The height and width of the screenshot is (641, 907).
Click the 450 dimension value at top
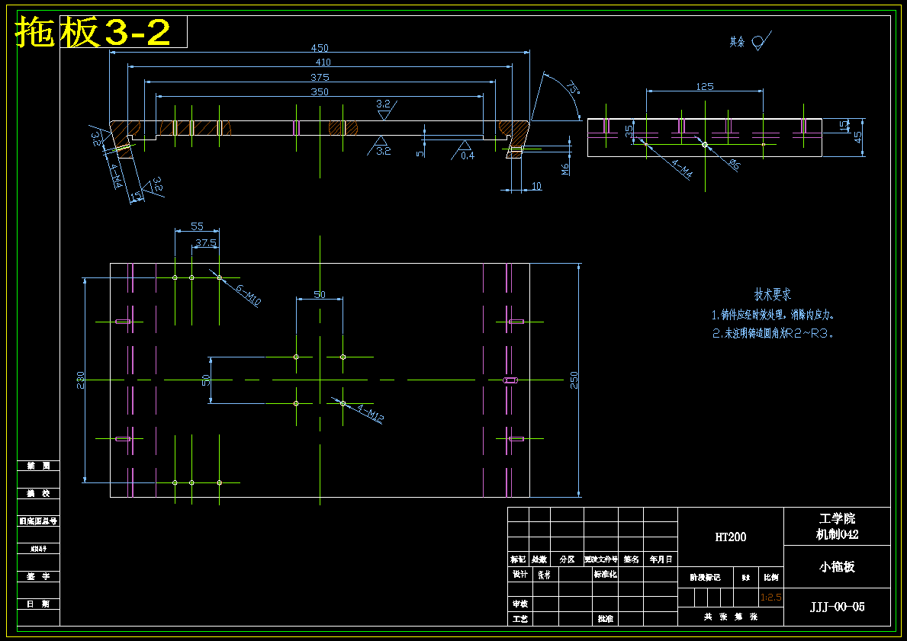click(319, 48)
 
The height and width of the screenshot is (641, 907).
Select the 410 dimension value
click(323, 62)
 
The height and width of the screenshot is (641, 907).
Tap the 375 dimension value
click(320, 77)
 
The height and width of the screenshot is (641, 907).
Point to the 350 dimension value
click(319, 91)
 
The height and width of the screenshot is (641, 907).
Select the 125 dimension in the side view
click(705, 86)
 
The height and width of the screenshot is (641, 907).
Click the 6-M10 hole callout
click(249, 295)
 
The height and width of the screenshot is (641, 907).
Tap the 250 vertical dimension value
click(574, 380)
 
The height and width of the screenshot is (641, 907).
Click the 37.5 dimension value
click(206, 242)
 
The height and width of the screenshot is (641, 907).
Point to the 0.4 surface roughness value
click(467, 155)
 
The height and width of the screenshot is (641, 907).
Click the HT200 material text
click(730, 537)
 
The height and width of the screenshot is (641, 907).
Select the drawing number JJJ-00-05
click(837, 607)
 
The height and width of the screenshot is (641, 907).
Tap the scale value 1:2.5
click(771, 597)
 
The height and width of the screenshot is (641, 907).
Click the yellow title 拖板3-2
click(93, 32)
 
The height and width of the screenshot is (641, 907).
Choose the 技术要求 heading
click(773, 294)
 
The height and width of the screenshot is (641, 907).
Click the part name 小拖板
click(837, 566)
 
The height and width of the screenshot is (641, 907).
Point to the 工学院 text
click(837, 519)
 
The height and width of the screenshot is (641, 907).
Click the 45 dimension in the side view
click(858, 138)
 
